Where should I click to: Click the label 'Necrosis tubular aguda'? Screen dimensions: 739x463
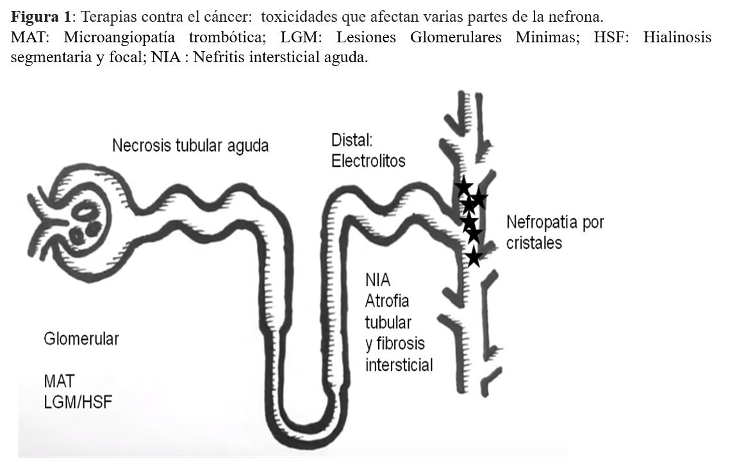pyautogui.click(x=190, y=146)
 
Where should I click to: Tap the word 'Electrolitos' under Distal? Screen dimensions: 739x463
pyautogui.click(x=368, y=161)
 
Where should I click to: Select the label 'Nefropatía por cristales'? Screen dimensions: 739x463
pyautogui.click(x=555, y=233)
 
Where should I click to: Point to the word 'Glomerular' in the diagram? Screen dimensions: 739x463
pyautogui.click(x=81, y=339)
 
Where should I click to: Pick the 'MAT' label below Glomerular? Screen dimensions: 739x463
pyautogui.click(x=58, y=381)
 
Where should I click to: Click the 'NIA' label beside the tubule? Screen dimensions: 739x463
pyautogui.click(x=378, y=280)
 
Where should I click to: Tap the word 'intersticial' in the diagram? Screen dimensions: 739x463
pyautogui.click(x=399, y=366)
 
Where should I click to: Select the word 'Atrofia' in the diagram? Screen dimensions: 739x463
pyautogui.click(x=386, y=301)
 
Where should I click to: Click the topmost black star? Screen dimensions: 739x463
pyautogui.click(x=463, y=187)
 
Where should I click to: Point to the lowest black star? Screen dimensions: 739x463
pyautogui.click(x=473, y=257)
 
